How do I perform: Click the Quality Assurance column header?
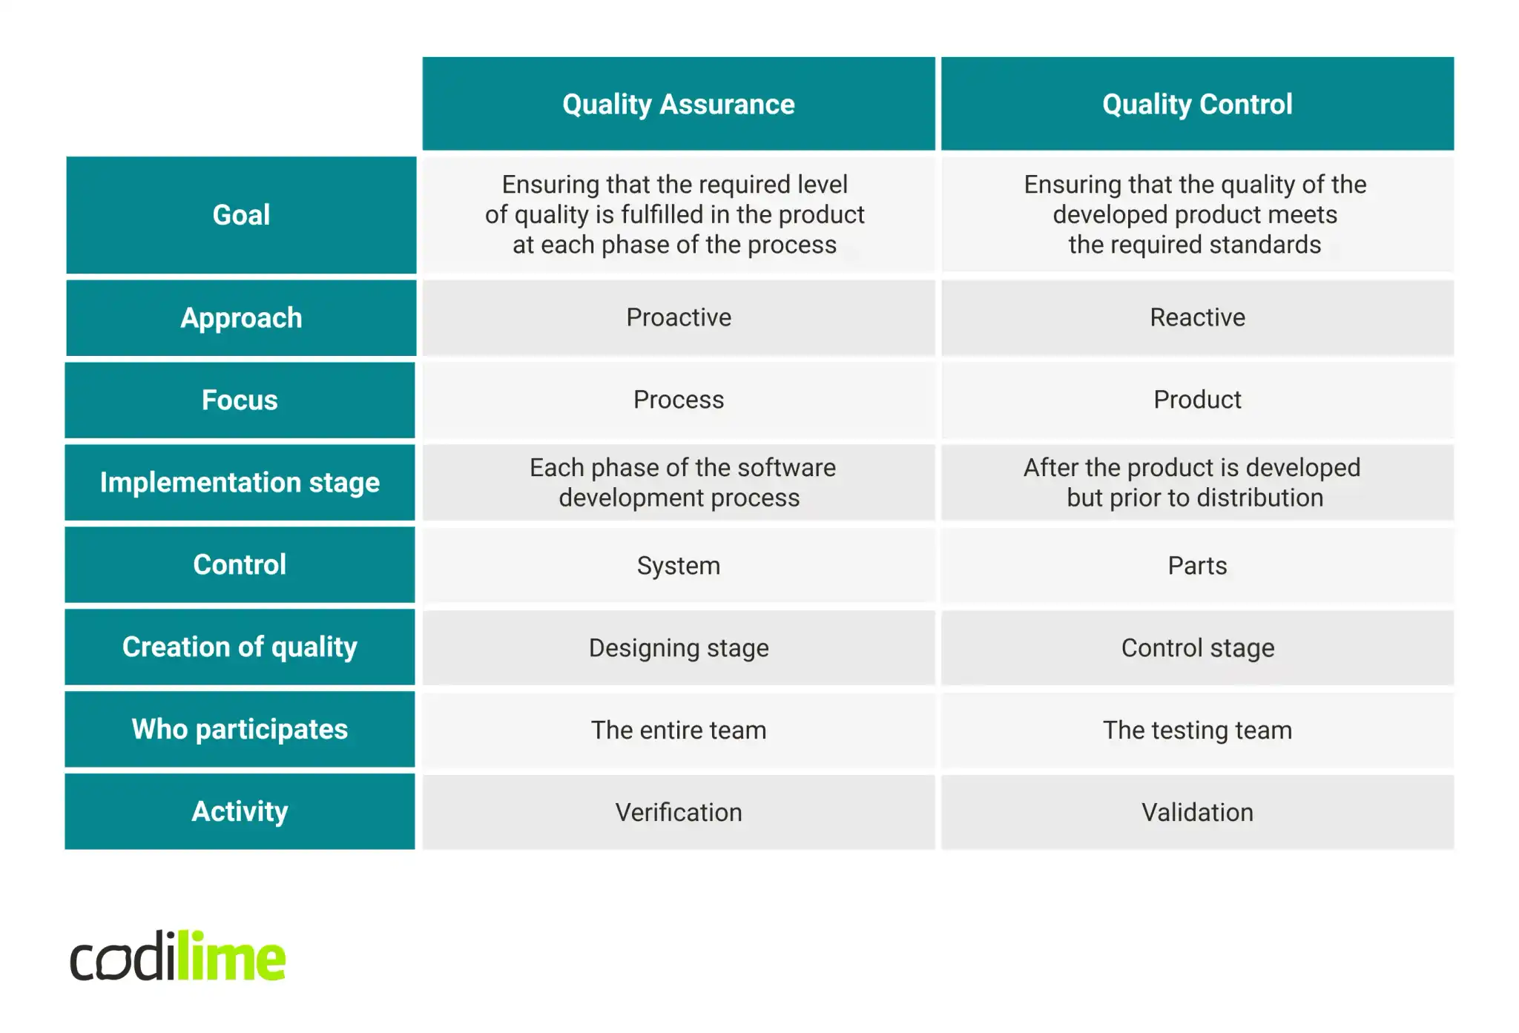[678, 104]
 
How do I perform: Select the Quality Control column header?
[1197, 104]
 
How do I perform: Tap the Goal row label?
[241, 215]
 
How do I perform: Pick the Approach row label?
[241, 318]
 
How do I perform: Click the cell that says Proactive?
[678, 317]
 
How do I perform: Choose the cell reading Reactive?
[1197, 317]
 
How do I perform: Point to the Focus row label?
[240, 400]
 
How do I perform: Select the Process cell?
[678, 400]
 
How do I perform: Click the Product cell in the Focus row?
[1197, 400]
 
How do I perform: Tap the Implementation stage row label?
[240, 483]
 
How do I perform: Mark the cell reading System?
[678, 566]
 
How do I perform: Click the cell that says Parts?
[1197, 566]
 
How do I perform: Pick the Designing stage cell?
[678, 648]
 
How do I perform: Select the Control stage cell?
[1197, 648]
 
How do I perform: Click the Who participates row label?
[240, 730]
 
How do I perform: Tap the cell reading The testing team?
[1197, 730]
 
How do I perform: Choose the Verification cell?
[678, 813]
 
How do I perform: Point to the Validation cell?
[1197, 813]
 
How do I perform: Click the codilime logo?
[177, 957]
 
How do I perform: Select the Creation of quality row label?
[240, 647]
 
